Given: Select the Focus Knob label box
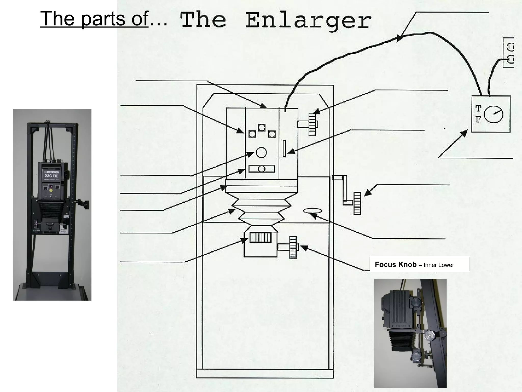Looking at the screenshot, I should pyautogui.click(x=419, y=264).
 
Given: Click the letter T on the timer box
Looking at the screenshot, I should pyautogui.click(x=478, y=109).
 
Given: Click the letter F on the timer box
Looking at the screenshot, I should pyautogui.click(x=478, y=119).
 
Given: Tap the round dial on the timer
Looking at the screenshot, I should pyautogui.click(x=494, y=114).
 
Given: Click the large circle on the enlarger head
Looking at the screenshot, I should pyautogui.click(x=261, y=152).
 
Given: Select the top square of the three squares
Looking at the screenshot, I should pyautogui.click(x=262, y=127).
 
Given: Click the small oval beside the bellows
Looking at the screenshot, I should pyautogui.click(x=312, y=211).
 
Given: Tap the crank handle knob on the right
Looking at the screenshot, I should pyautogui.click(x=357, y=203).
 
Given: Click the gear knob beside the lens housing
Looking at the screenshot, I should pyautogui.click(x=293, y=247).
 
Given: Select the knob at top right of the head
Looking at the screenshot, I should pyautogui.click(x=312, y=124).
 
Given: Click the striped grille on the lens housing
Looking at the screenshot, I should pyautogui.click(x=260, y=237).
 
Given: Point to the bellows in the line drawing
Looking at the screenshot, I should pyautogui.click(x=261, y=209).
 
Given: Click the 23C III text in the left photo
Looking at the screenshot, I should pyautogui.click(x=51, y=176).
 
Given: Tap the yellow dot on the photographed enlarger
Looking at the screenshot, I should pyautogui.click(x=51, y=190).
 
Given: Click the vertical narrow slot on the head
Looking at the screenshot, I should pyautogui.click(x=284, y=148).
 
